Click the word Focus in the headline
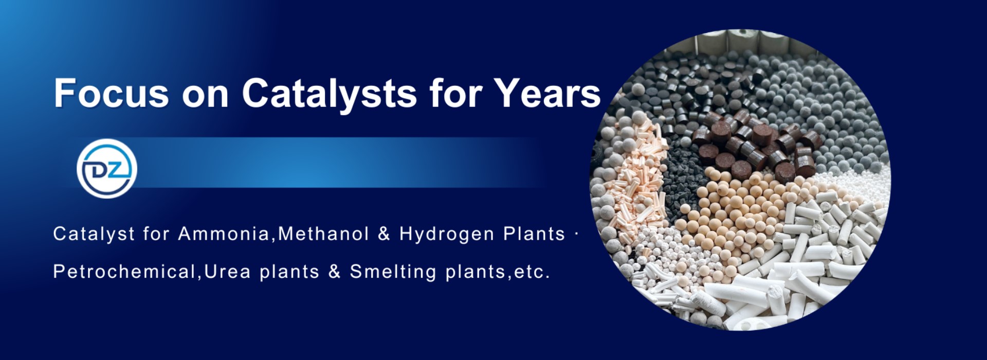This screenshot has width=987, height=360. pyautogui.click(x=111, y=93)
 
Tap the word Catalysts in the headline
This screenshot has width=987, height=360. pyautogui.click(x=330, y=94)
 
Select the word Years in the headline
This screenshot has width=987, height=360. pyautogui.click(x=547, y=93)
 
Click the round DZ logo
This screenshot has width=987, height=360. pyautogui.click(x=107, y=169)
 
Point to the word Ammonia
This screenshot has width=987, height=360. pyautogui.click(x=224, y=234)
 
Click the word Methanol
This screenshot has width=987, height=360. pyautogui.click(x=324, y=234)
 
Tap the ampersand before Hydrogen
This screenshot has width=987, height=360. pyautogui.click(x=384, y=234)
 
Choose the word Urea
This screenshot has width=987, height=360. pyautogui.click(x=227, y=272)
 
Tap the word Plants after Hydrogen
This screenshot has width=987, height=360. pyautogui.click(x=534, y=234)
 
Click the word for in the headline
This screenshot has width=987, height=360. pyautogui.click(x=456, y=93)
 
